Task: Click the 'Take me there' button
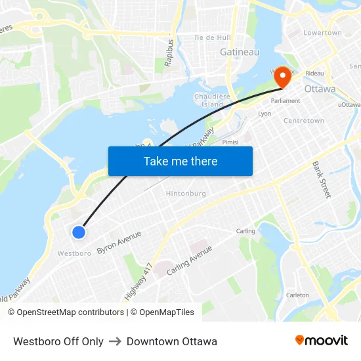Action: pos(180,161)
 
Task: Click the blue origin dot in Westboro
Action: pos(79,232)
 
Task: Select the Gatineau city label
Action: pos(240,52)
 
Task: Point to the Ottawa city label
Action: pos(320,89)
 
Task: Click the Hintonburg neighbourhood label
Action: pos(186,194)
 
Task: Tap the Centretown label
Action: pos(303,121)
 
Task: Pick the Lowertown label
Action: pos(322,33)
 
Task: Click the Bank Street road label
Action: pos(322,179)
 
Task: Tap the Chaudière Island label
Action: pos(212,100)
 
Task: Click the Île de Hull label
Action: pos(213,37)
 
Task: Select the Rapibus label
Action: pos(171,52)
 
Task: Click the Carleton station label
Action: pos(297,295)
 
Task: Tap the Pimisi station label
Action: pos(230,142)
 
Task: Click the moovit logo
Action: pos(321,341)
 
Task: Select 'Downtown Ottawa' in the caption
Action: pos(172,341)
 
